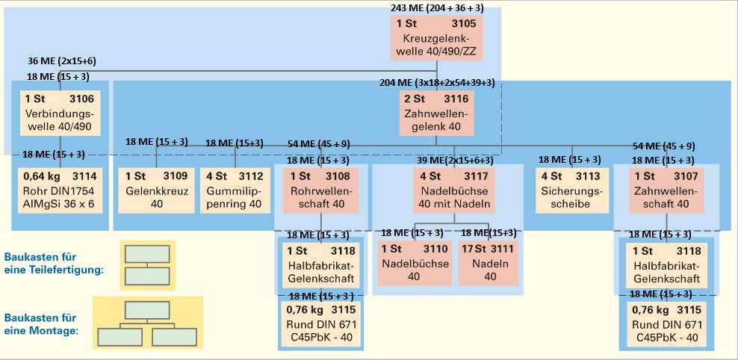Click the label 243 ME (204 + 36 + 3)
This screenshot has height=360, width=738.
coord(436,7)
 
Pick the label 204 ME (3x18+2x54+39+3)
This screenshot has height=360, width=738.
coord(437,84)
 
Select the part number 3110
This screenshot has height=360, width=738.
coord(435,249)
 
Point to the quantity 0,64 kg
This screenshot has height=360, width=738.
coord(39,177)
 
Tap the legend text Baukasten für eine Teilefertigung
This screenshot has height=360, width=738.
coord(52,263)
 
